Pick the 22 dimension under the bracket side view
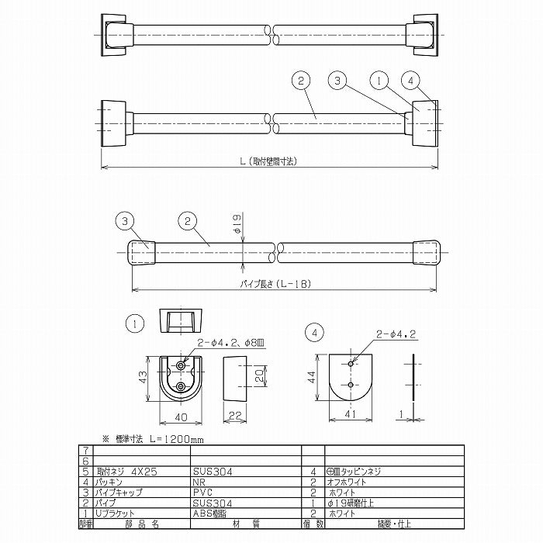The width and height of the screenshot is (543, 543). [x=233, y=417]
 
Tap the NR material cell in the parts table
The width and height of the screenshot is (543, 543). [x=199, y=482]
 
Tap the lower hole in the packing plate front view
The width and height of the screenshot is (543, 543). [x=351, y=384]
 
